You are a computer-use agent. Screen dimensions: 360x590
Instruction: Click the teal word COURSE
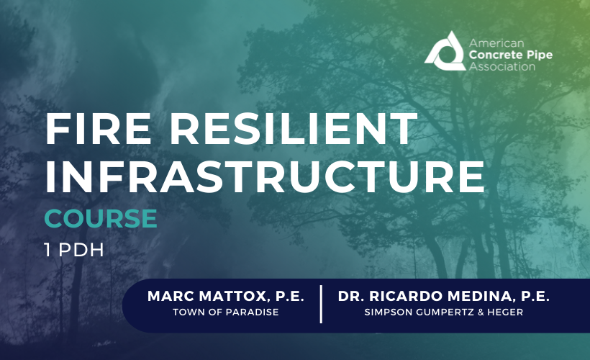101,217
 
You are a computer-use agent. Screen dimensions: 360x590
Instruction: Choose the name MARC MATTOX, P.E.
226,296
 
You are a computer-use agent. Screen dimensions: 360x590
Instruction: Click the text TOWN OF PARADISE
225,312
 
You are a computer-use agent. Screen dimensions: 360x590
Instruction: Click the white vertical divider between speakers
321,304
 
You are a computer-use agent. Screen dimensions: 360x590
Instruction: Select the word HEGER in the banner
505,312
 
